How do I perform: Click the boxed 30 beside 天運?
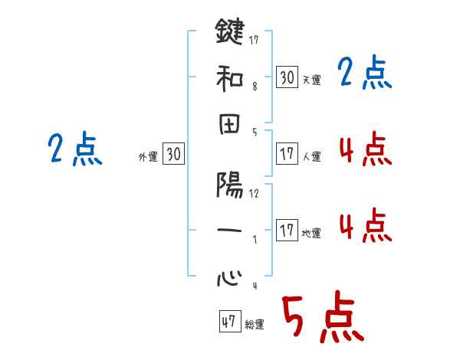[x=287, y=77]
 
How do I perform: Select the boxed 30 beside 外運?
[x=173, y=154]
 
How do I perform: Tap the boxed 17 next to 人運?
[x=287, y=154]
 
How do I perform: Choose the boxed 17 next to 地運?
[x=287, y=231]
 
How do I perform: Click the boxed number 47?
[x=228, y=322]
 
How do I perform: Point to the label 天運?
[x=311, y=80]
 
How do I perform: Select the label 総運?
[x=254, y=325]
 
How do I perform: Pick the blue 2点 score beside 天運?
[x=365, y=74]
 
